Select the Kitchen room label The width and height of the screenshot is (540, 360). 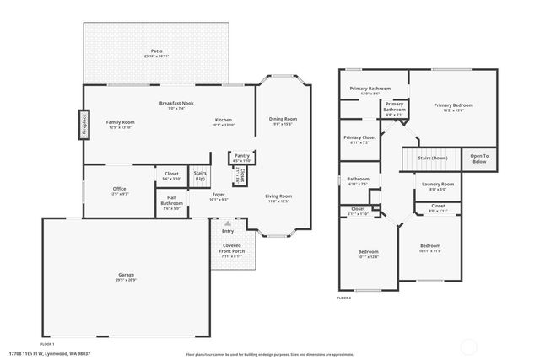pos(224,121)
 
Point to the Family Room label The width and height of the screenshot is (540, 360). pos(121,124)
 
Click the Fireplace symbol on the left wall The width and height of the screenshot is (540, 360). pos(84,124)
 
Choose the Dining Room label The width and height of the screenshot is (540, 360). pos(283,121)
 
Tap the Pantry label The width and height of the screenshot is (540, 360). pos(241,157)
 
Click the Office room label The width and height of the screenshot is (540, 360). pos(119,191)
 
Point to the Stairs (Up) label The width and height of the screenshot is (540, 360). pos(200,176)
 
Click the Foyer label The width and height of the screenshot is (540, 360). pos(219,196)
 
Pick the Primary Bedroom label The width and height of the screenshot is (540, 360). pos(453,107)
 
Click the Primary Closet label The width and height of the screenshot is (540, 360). pos(359,139)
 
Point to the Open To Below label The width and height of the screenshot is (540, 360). pos(479,158)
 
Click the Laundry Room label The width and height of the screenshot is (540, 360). pos(436,185)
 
